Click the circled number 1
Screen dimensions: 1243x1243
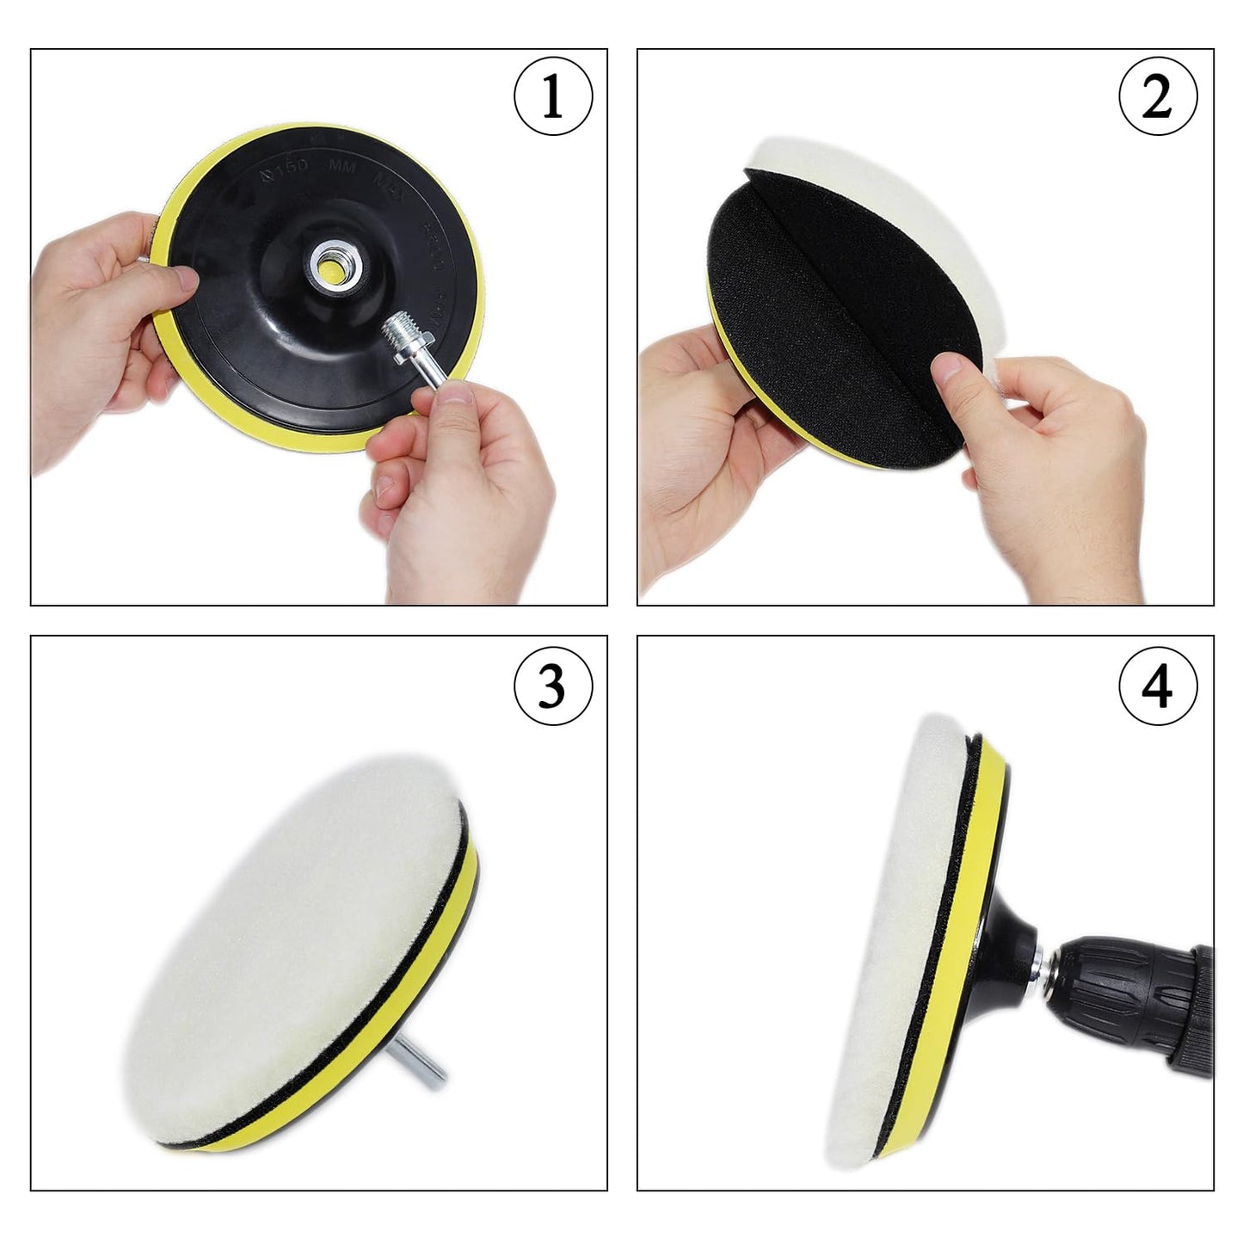click(553, 96)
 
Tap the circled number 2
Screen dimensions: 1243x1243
click(1158, 96)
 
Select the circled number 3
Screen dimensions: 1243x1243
click(553, 686)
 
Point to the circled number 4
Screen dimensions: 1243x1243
click(1158, 686)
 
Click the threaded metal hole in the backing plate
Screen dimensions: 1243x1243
click(329, 264)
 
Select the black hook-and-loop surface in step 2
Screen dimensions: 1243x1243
click(826, 284)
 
